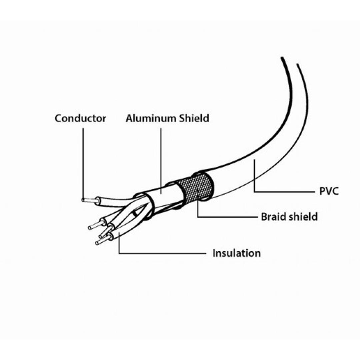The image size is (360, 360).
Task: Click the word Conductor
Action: [80, 118]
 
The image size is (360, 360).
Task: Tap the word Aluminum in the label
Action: [151, 118]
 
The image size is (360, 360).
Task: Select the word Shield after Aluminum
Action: [194, 118]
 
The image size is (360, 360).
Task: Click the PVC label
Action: [329, 191]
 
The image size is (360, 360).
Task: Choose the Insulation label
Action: [237, 253]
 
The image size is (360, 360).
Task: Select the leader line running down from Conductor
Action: [83, 164]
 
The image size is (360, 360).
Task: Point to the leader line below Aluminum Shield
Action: [161, 161]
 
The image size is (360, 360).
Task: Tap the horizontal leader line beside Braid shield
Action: [228, 217]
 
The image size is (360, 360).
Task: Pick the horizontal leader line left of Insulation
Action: [162, 253]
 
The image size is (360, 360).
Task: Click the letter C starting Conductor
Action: [58, 118]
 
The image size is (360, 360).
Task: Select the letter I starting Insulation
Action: [214, 253]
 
